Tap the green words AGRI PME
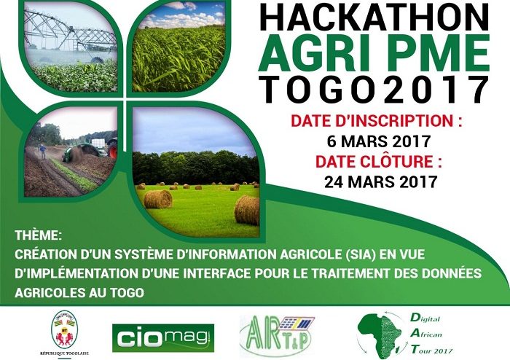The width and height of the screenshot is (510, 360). pyautogui.click(x=374, y=53)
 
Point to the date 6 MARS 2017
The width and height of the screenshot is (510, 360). pyautogui.click(x=379, y=141)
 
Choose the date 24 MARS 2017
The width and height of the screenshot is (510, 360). pyautogui.click(x=380, y=181)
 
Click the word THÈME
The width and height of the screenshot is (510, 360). pyautogui.click(x=38, y=235)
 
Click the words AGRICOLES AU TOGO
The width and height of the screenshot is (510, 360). pyautogui.click(x=79, y=293)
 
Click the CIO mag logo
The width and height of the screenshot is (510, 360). pyautogui.click(x=163, y=338)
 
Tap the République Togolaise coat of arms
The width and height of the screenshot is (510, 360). pyautogui.click(x=64, y=329)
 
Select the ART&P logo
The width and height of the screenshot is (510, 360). pyautogui.click(x=277, y=336)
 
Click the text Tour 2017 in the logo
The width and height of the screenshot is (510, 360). pyautogui.click(x=431, y=350)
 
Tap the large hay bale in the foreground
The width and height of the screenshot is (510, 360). pyautogui.click(x=247, y=210)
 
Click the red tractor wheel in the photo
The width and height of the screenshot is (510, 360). pyautogui.click(x=113, y=149)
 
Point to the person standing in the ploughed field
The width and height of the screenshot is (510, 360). pyautogui.click(x=42, y=152)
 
